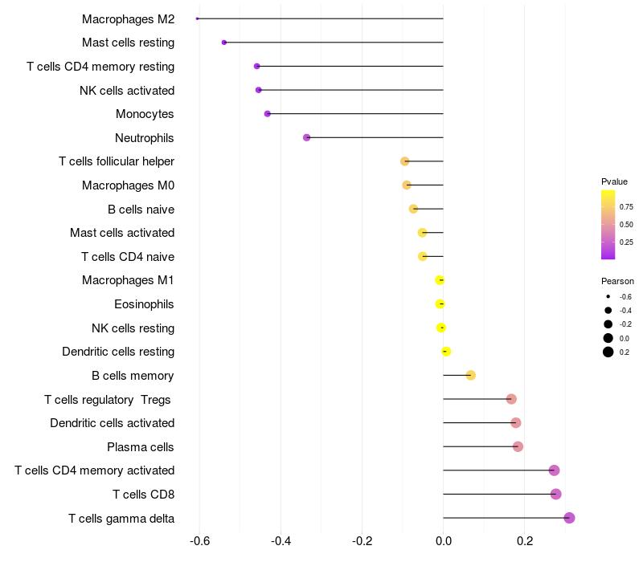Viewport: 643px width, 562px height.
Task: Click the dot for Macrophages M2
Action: pyautogui.click(x=198, y=18)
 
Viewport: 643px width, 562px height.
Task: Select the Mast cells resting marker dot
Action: pyautogui.click(x=224, y=43)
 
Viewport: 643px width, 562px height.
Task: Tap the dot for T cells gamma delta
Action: pyautogui.click(x=569, y=518)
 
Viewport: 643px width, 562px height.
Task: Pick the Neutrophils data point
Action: pyautogui.click(x=306, y=137)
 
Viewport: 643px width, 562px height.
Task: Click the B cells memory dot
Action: pyautogui.click(x=471, y=375)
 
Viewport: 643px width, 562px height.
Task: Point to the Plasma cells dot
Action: pyautogui.click(x=518, y=446)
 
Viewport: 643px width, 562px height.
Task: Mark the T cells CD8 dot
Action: pyautogui.click(x=556, y=494)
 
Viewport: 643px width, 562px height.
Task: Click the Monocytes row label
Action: pyautogui.click(x=145, y=114)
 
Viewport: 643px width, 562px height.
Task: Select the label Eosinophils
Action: pyautogui.click(x=145, y=304)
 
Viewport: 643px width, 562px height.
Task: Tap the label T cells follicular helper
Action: pyautogui.click(x=117, y=161)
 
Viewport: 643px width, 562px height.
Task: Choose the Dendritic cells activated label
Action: pyautogui.click(x=113, y=423)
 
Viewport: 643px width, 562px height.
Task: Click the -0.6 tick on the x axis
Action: pyautogui.click(x=199, y=542)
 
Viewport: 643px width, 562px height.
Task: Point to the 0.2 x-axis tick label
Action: pyautogui.click(x=525, y=542)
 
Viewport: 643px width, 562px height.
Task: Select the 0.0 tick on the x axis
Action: pyautogui.click(x=443, y=542)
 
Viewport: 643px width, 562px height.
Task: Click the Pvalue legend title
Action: pyautogui.click(x=614, y=181)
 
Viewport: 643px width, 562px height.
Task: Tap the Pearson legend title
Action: pyautogui.click(x=617, y=281)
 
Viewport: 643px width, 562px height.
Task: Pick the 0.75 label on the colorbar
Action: pyautogui.click(x=626, y=206)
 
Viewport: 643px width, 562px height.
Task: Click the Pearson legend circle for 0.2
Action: pyautogui.click(x=608, y=352)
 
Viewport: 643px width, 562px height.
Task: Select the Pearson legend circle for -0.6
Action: pyautogui.click(x=608, y=296)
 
